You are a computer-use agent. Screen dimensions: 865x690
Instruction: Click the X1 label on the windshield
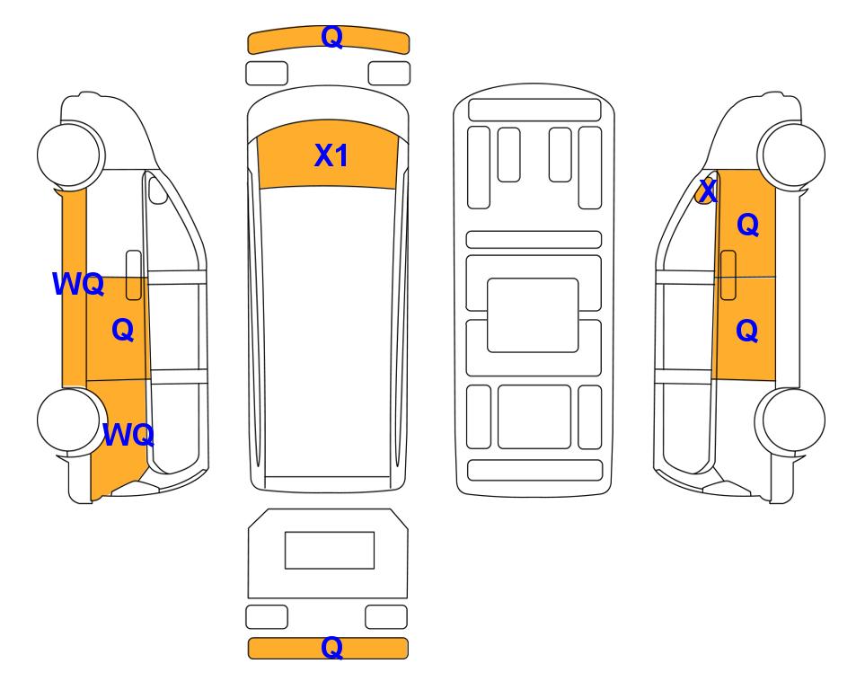331,155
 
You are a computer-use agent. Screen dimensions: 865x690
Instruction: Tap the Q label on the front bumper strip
332,37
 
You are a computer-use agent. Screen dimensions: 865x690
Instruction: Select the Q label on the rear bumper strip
332,648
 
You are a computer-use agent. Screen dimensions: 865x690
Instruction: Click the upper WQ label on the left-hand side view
78,284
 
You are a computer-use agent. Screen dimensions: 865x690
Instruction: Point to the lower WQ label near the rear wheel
128,435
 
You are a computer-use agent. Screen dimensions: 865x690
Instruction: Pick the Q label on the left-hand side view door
123,330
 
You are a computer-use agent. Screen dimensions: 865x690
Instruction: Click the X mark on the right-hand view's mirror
708,191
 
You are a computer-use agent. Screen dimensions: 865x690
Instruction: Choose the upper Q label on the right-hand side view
748,225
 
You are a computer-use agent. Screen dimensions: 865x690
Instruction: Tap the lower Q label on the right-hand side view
747,330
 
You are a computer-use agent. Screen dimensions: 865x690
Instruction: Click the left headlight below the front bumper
267,74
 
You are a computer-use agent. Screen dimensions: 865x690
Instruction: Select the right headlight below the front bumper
389,74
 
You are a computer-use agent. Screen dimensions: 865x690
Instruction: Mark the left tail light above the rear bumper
267,616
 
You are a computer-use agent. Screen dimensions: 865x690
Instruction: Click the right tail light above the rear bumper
386,616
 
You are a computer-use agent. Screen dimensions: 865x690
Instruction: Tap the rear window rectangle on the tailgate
330,550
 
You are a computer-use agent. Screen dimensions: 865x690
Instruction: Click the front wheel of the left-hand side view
71,155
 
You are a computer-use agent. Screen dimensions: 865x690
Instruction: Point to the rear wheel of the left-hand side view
71,420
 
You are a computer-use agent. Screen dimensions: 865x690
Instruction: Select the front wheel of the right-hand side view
791,155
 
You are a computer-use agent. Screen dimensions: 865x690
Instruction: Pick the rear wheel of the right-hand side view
790,420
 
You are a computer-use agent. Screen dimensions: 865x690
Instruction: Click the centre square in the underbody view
533,315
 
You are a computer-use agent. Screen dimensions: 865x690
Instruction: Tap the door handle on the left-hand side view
134,275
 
